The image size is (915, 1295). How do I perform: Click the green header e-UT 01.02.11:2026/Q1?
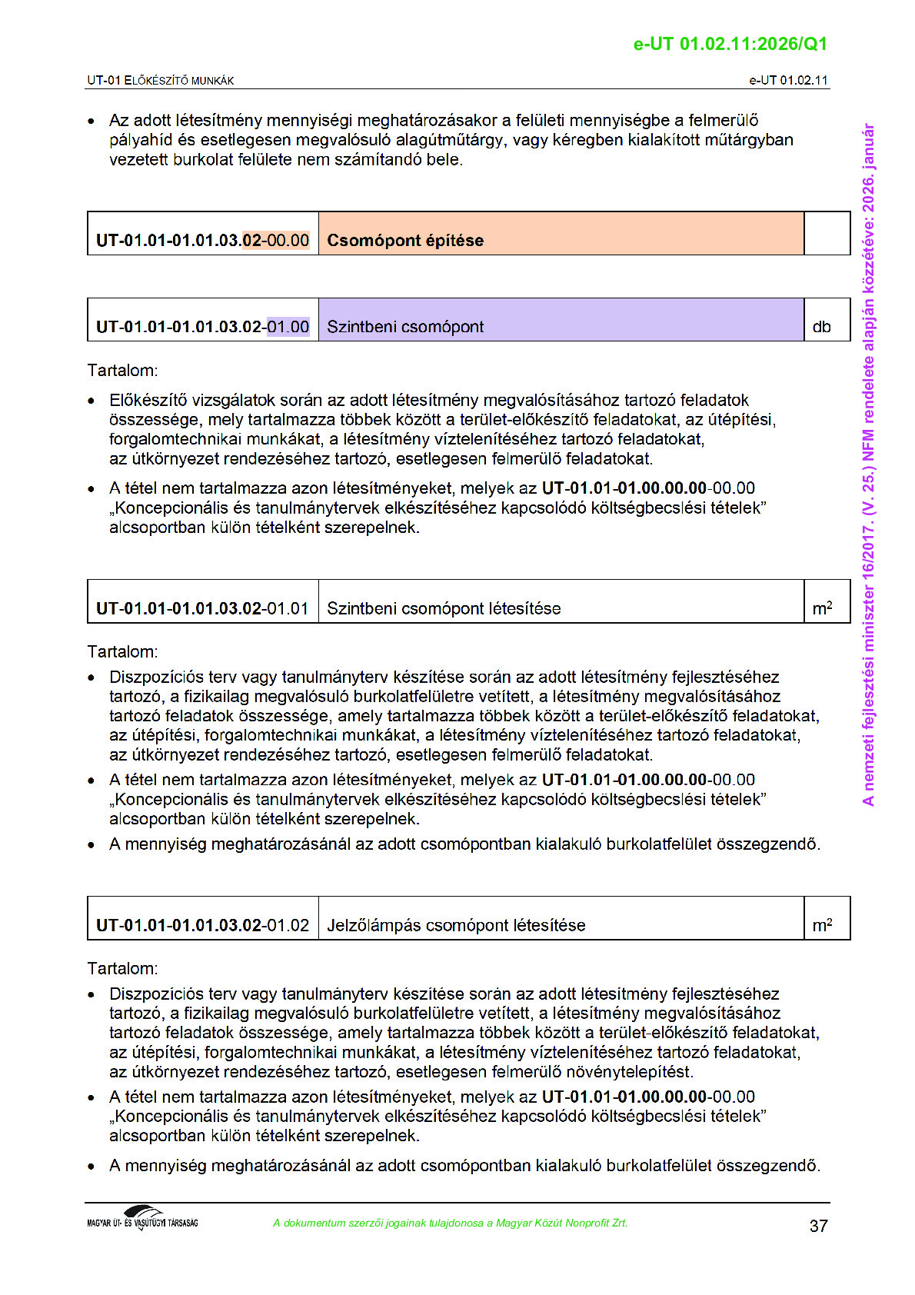pos(730,44)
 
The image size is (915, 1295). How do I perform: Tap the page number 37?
pos(818,1226)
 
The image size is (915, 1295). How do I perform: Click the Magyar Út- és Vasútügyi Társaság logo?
pos(142,1219)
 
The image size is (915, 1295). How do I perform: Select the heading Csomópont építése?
pos(405,240)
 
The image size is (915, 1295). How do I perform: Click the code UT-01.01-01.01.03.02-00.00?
pos(202,240)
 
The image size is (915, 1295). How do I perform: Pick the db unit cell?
pos(821,327)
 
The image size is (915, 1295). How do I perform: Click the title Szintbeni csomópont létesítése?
pos(444,608)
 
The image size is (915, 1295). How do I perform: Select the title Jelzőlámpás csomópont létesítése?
pos(456,925)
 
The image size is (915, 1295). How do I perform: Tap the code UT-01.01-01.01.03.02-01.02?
pos(202,925)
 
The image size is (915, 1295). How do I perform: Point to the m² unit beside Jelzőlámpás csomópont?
pos(822,925)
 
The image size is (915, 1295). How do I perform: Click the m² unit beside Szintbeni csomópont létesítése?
pos(822,608)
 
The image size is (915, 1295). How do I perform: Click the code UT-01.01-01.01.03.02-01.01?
pos(202,608)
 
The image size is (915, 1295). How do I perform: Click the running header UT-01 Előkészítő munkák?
pos(160,80)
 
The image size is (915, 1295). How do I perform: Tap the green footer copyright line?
pos(450,1223)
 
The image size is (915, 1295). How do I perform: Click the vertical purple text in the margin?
pos(868,464)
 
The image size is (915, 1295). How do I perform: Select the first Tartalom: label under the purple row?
pos(122,371)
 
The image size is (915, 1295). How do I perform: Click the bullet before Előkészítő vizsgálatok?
pos(91,401)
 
